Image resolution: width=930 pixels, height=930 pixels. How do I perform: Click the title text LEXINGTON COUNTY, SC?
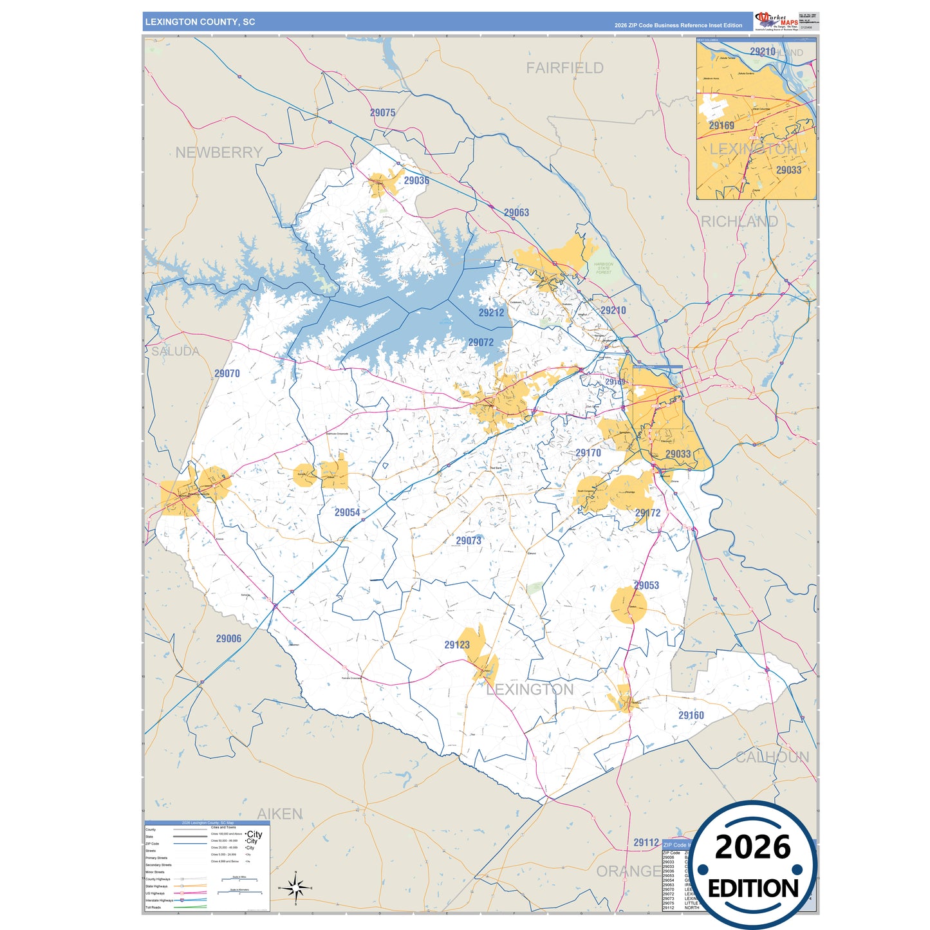point(200,22)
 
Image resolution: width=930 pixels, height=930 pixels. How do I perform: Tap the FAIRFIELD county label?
point(564,68)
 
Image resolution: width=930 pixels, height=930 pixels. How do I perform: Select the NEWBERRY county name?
point(219,153)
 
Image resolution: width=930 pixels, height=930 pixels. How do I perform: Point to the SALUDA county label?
point(175,351)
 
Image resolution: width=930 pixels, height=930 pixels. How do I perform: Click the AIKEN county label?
point(279,814)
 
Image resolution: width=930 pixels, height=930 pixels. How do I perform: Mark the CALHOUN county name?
point(772,757)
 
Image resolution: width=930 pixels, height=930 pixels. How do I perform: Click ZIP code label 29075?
point(382,113)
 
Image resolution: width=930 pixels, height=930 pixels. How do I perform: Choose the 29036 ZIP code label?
point(416,181)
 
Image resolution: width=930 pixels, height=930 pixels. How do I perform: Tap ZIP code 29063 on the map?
point(516,212)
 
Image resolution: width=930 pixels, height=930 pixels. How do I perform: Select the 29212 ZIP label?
point(491,313)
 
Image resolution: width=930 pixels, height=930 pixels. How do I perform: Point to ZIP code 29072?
point(481,342)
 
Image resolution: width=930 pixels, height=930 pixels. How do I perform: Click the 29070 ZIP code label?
point(227,373)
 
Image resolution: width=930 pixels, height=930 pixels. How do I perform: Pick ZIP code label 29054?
point(347,512)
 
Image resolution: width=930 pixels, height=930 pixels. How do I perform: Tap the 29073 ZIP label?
point(469,541)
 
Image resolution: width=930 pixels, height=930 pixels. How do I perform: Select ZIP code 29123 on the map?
point(457,645)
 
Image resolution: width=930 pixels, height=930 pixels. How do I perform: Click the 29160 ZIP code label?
point(691,715)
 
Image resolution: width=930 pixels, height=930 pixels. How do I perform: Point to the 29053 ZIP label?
point(646,585)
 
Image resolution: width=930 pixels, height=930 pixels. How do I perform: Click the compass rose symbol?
point(295,889)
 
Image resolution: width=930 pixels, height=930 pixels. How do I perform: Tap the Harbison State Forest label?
point(604,268)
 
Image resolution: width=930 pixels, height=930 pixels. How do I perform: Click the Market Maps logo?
point(777,21)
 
